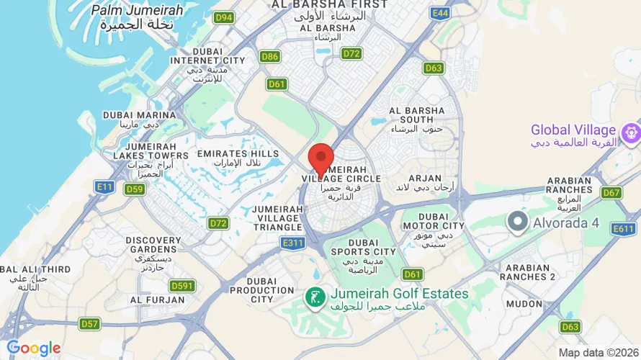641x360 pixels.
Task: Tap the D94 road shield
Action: [224, 17]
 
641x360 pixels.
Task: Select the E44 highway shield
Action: [440, 12]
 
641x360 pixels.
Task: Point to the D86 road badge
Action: [271, 56]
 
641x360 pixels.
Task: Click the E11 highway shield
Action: [104, 186]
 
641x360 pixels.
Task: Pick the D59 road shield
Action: [134, 189]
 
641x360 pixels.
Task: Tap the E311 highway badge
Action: [291, 243]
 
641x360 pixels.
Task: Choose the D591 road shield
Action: [182, 286]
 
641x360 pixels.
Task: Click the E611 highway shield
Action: [623, 228]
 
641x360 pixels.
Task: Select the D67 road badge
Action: [611, 192]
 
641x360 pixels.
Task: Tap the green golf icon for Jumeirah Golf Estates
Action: [314, 295]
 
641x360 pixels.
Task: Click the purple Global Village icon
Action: [631, 132]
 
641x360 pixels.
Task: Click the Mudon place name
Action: [524, 304]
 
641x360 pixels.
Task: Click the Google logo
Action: [33, 348]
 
